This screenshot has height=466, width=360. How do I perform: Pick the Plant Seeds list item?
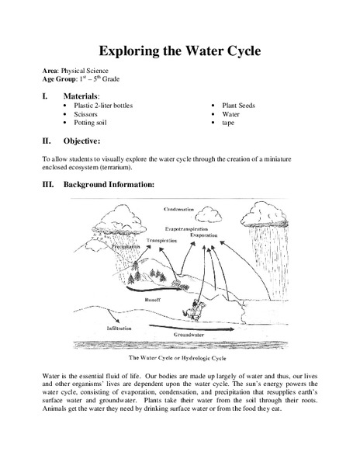241,103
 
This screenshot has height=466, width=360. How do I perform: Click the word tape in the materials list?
229,123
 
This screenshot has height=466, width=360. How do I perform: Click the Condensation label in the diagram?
183,210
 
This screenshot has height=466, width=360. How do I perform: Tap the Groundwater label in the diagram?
190,333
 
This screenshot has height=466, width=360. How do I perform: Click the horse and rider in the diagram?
188,295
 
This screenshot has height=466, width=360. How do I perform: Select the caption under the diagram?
181,359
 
